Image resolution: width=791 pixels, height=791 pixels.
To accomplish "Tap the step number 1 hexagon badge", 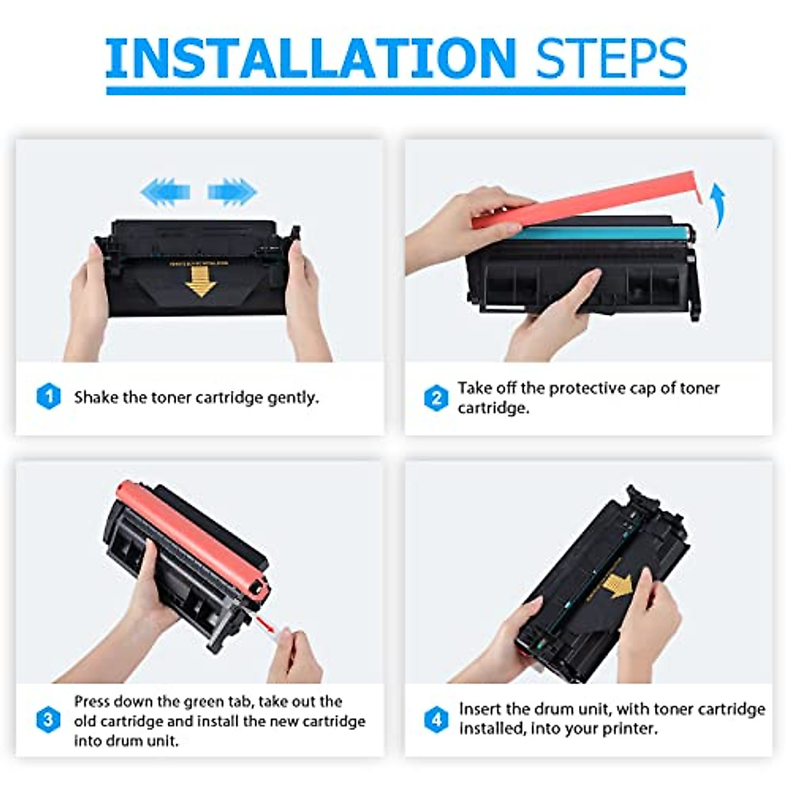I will tap(48, 397).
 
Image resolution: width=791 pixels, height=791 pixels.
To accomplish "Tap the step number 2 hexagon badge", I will tap(436, 398).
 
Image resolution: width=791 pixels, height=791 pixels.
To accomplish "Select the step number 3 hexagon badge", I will tap(48, 720).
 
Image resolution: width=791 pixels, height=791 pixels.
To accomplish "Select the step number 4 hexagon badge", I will tap(436, 719).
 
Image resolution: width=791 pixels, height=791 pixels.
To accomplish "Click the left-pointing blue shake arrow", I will tap(165, 192).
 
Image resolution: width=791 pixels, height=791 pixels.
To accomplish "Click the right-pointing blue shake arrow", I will tap(232, 192).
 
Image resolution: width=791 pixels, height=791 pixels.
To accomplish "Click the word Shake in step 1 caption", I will tap(96, 397).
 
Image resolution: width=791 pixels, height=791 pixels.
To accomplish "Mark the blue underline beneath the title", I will tap(395, 90).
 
